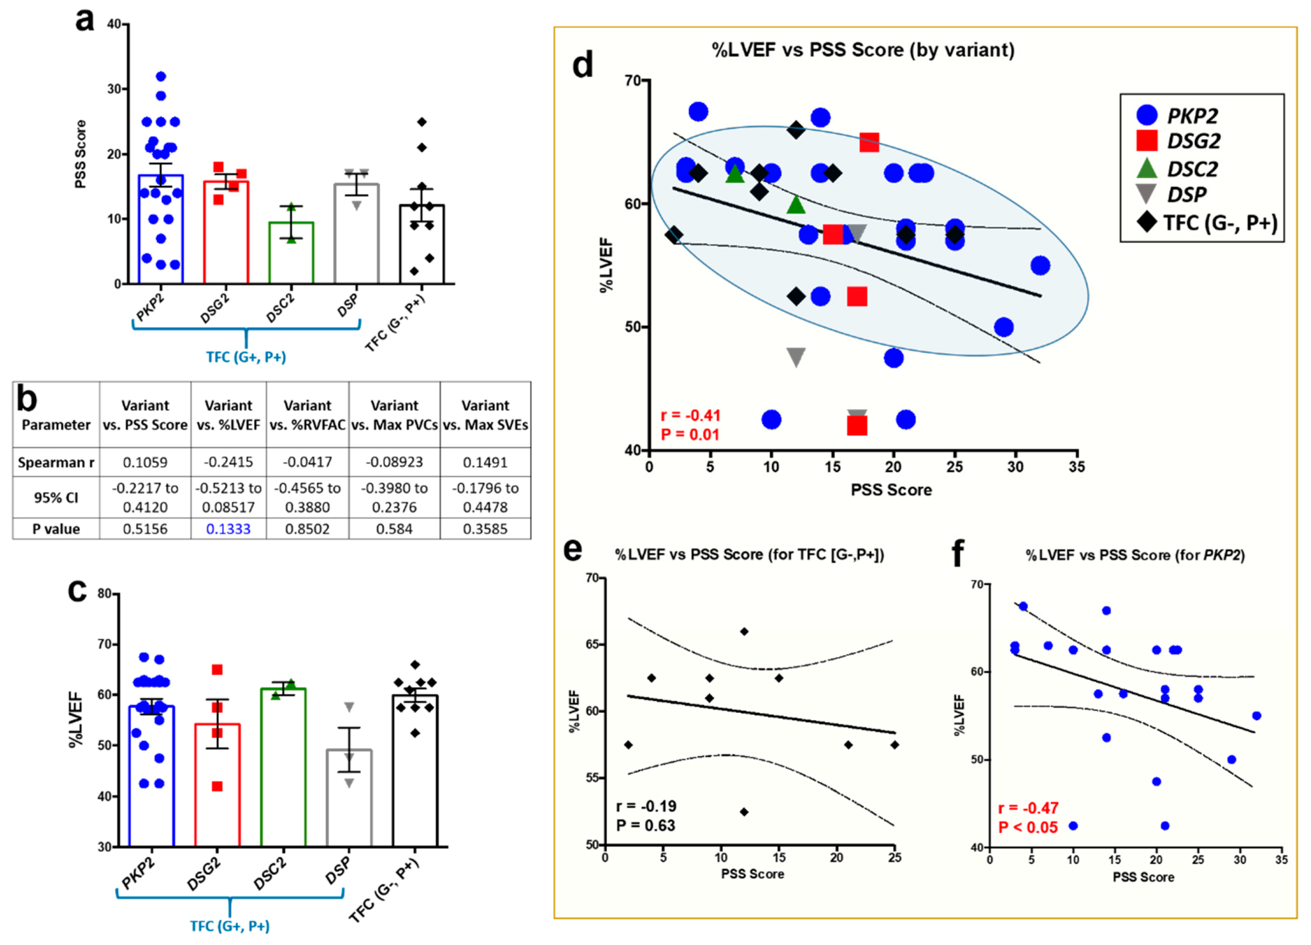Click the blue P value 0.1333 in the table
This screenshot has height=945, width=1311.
point(228,529)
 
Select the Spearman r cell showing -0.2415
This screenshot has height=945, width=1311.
point(228,462)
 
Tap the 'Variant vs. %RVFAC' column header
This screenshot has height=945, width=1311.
point(308,415)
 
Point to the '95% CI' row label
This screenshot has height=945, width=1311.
point(56,498)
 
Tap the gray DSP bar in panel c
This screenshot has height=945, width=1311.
point(349,798)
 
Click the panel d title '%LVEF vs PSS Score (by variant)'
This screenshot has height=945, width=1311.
point(862,50)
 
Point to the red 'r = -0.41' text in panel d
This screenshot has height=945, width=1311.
point(690,416)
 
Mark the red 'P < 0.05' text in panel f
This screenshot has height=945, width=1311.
point(1028,828)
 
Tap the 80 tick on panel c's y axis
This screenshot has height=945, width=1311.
point(104,594)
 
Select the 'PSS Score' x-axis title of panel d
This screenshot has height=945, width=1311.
point(891,490)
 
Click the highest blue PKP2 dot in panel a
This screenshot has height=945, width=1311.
point(161,76)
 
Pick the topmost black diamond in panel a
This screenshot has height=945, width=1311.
point(422,122)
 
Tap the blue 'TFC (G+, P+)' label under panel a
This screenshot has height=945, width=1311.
point(246,357)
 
